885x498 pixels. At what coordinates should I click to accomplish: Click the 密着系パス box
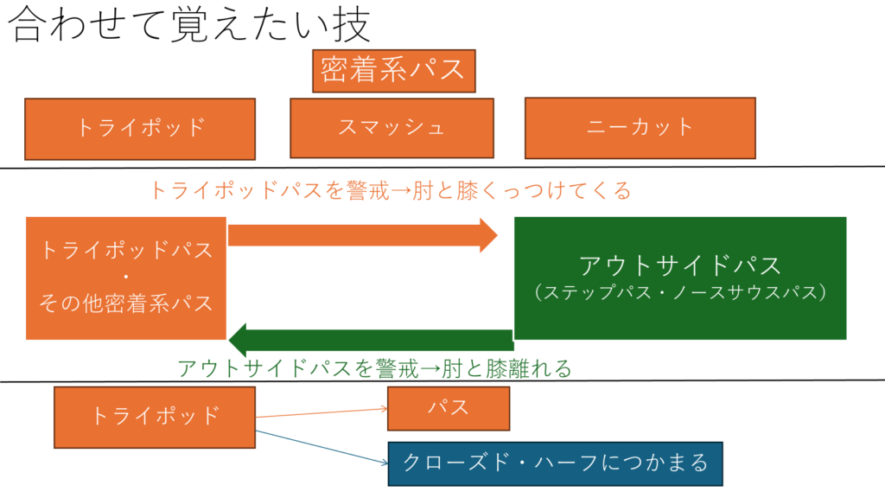[x=393, y=70]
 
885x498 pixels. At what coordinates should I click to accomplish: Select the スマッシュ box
[x=392, y=128]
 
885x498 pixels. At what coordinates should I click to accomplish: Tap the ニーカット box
[x=640, y=127]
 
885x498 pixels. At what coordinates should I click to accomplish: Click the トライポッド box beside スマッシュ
[x=140, y=128]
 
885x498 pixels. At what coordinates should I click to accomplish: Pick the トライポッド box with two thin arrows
[x=155, y=416]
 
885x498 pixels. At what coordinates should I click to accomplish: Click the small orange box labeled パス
[x=448, y=408]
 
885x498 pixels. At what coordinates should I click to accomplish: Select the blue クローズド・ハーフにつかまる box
[x=555, y=463]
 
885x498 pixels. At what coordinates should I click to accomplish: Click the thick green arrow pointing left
[x=372, y=340]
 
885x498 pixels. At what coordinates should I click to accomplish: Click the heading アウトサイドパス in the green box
[x=679, y=265]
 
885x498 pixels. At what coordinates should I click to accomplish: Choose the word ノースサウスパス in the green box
[x=744, y=292]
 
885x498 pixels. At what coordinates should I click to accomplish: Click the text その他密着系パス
[x=126, y=303]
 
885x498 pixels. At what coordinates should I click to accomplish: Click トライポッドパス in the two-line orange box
[x=126, y=251]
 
